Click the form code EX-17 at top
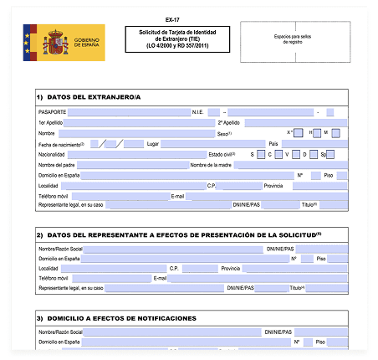tap(171, 18)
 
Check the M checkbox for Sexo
tap(335, 132)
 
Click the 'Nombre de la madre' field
tap(284, 165)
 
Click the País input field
tap(309, 143)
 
